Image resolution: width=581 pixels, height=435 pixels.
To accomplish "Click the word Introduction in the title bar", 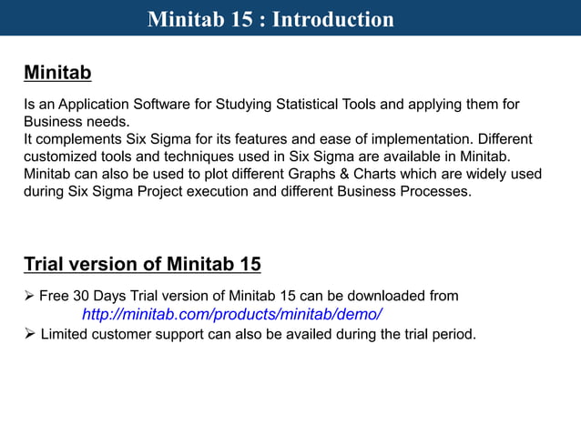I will [x=333, y=19].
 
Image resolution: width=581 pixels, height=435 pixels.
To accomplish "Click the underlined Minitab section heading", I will [x=57, y=72].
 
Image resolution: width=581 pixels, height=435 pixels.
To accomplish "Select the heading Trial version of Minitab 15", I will [x=142, y=265].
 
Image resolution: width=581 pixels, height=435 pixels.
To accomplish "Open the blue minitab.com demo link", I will [x=232, y=315].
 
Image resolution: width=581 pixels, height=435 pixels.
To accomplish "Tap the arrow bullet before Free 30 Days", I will [x=30, y=296].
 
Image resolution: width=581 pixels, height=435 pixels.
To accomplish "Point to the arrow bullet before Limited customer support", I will [x=30, y=334].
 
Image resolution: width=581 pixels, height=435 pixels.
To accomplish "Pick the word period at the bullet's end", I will [x=452, y=334].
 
